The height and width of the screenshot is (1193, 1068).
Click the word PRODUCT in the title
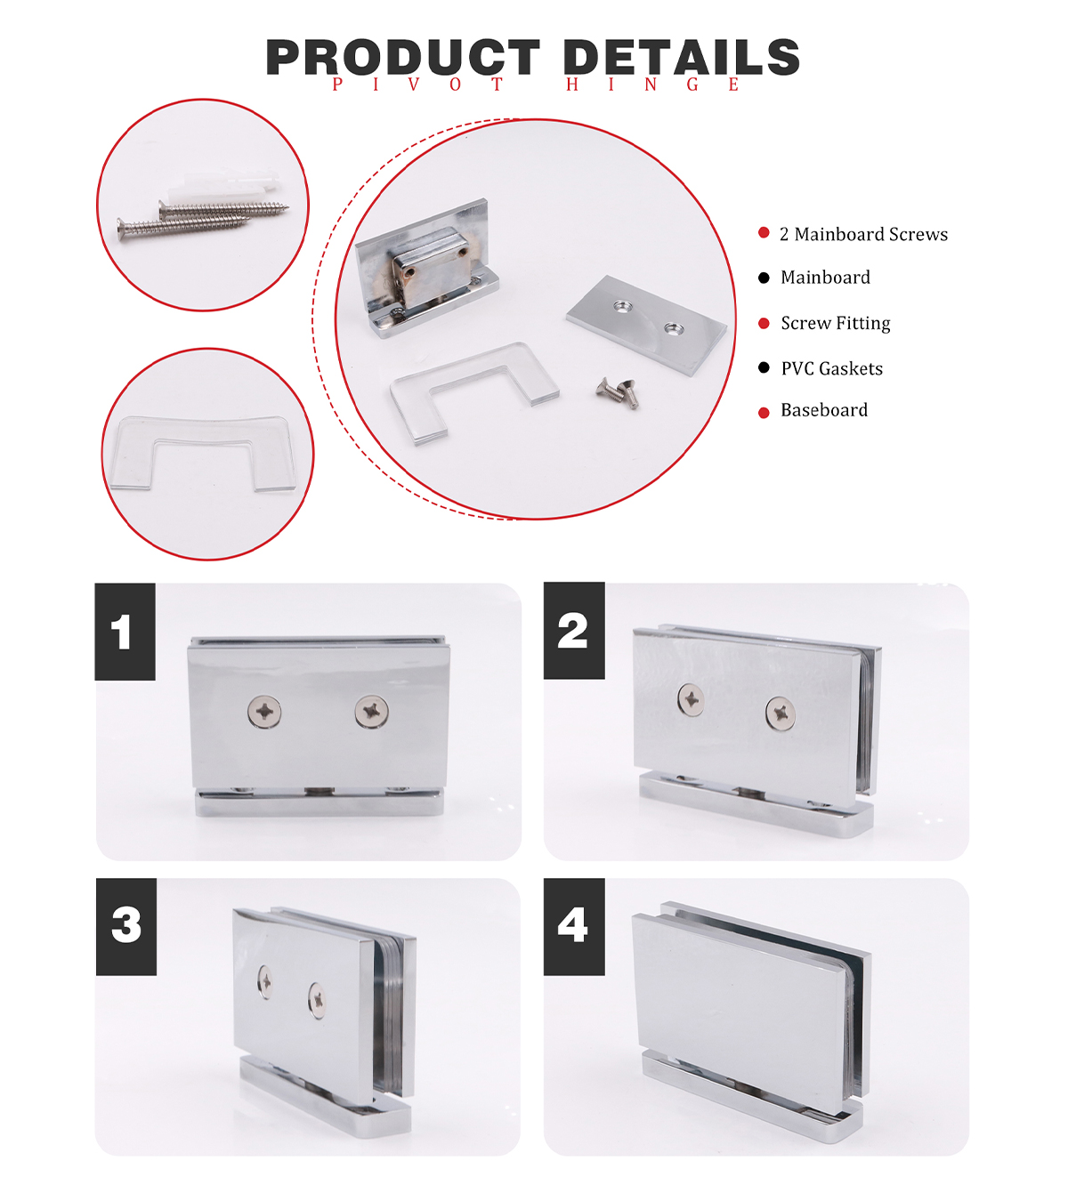click(x=402, y=57)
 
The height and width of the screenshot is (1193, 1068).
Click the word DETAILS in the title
click(x=682, y=57)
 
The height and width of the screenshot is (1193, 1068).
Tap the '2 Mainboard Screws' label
click(x=863, y=234)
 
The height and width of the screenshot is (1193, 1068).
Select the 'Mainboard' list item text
click(x=825, y=278)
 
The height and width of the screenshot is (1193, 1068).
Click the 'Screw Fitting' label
click(x=836, y=323)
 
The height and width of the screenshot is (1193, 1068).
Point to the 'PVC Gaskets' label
click(x=832, y=368)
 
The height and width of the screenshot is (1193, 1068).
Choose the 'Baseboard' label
click(x=824, y=410)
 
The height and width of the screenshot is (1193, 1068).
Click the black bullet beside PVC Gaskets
click(x=764, y=368)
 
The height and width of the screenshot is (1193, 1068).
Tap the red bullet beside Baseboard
click(x=764, y=413)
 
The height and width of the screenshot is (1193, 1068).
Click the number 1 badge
click(x=125, y=632)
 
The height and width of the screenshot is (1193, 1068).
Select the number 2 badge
click(x=574, y=631)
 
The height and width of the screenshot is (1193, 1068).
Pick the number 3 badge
click(x=126, y=927)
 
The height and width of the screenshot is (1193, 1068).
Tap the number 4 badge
click(x=574, y=927)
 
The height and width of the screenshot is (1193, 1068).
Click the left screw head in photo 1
click(x=264, y=712)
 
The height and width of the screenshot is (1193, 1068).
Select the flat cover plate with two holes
click(x=647, y=325)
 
